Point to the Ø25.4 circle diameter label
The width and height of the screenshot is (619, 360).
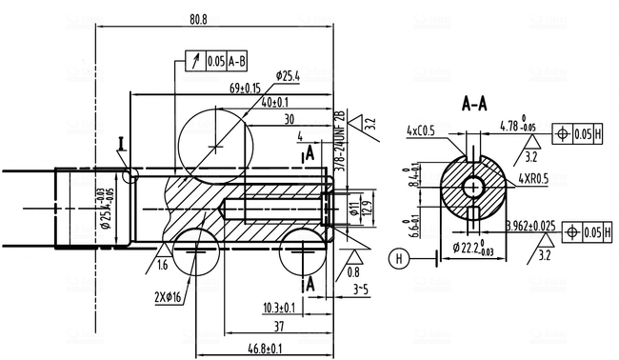tap(289, 75)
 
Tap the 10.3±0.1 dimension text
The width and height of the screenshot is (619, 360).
tap(278, 308)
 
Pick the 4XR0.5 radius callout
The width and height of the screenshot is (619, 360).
tap(533, 178)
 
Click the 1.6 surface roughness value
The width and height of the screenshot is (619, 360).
tap(163, 264)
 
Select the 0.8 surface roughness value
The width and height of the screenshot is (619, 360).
tap(354, 270)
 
